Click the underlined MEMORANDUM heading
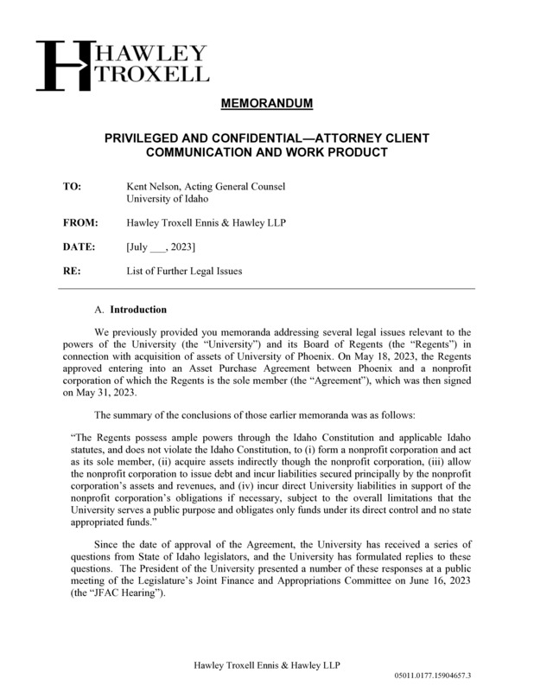[x=267, y=105]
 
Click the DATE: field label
[x=79, y=247]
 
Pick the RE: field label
[x=72, y=271]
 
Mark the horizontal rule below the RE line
[x=267, y=288]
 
